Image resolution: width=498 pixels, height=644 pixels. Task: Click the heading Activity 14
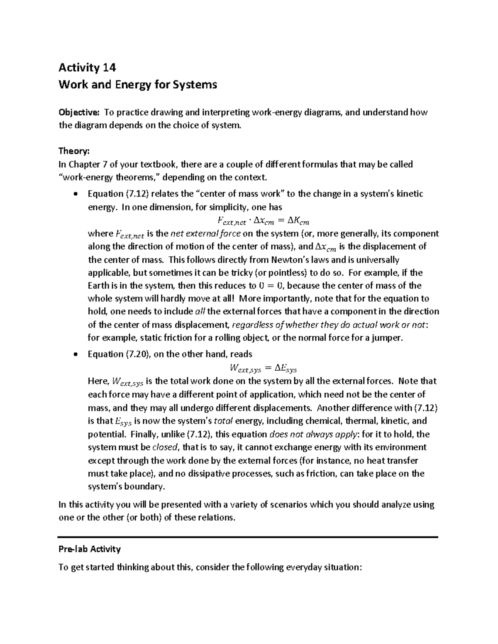coord(87,67)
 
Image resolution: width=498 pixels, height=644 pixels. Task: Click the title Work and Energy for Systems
coord(138,85)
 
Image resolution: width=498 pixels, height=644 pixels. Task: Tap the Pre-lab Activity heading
coord(90,549)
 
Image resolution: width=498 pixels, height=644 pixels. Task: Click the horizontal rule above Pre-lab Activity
coord(248,537)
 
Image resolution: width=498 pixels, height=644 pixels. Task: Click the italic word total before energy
coord(223,421)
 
